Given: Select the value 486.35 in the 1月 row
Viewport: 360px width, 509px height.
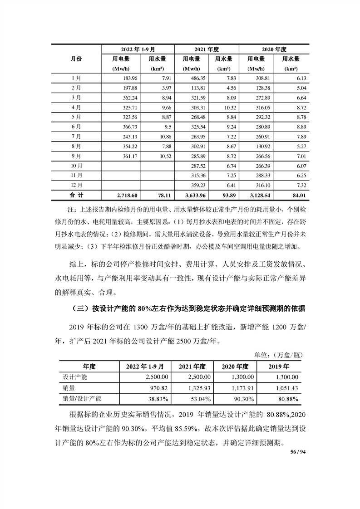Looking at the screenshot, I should point(192,78).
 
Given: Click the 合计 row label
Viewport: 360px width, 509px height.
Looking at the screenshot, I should point(77,195).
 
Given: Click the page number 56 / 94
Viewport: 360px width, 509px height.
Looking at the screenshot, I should point(298,452).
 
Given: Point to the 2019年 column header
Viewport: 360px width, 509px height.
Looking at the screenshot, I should point(279,366).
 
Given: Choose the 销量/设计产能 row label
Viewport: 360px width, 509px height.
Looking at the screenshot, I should point(82,399).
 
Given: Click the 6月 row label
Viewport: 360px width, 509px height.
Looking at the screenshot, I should point(77,127).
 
